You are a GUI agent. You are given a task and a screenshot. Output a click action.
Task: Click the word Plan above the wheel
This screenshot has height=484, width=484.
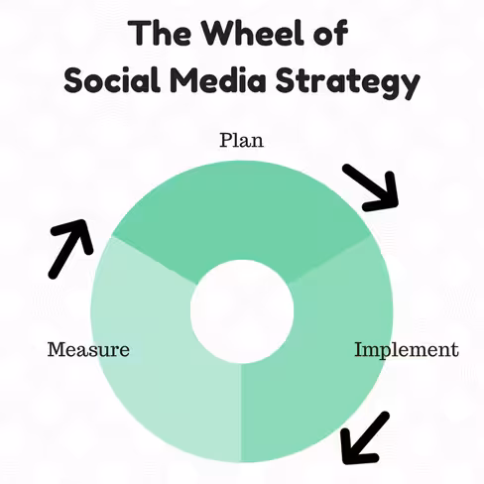pos(242,140)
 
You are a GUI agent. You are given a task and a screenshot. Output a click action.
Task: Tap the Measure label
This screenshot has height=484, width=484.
pos(88,349)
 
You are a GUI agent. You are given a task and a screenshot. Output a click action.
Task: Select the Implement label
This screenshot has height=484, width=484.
pos(407,351)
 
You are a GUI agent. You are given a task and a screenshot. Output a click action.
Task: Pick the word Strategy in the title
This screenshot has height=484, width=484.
pos(348,82)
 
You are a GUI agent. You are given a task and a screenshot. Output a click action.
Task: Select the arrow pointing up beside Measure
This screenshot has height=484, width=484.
pos(70,249)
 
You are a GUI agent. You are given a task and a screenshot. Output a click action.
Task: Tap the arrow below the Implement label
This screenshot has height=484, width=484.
pos(364,438)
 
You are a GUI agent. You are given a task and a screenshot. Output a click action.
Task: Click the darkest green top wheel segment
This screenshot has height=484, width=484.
pos(241,211)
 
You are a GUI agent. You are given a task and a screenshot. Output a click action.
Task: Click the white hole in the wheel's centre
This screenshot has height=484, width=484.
pos(242,311)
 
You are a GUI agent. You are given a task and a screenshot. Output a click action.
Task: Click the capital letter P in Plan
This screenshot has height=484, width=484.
pos(226,140)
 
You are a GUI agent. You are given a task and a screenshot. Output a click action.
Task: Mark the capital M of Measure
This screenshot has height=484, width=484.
pos(57,349)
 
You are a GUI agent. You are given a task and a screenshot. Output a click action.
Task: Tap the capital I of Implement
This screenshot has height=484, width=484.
pos(359,349)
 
